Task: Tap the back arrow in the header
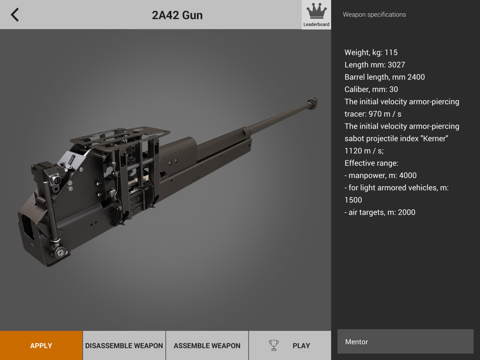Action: (15, 15)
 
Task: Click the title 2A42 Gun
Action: (177, 15)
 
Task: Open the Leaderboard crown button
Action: (316, 15)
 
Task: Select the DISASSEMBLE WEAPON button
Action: (124, 345)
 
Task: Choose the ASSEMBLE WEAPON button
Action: (207, 345)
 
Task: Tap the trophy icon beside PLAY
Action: (274, 345)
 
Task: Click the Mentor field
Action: (405, 342)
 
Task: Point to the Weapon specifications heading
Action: (374, 14)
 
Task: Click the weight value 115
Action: (391, 52)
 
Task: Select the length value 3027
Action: (396, 65)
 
